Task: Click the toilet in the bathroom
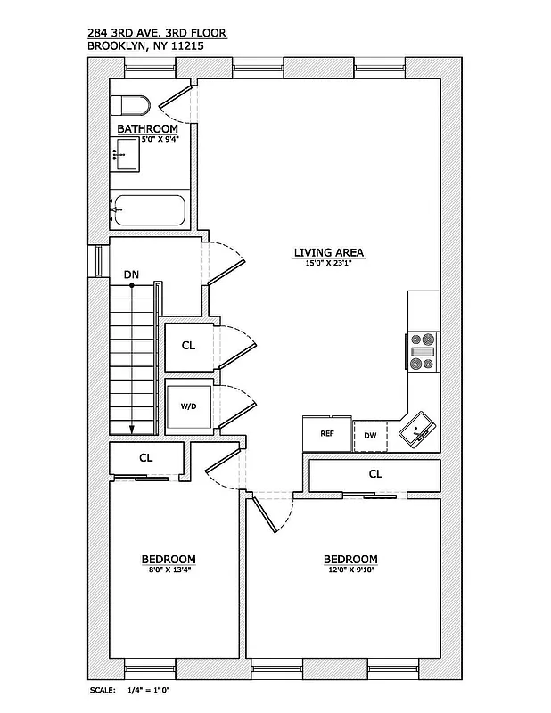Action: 131,106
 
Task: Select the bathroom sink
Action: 125,156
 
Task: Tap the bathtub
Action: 149,210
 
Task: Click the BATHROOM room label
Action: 148,129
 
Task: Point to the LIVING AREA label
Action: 330,252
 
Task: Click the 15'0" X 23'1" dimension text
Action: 330,263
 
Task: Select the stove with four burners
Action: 422,350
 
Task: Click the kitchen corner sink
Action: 416,432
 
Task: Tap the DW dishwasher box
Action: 370,435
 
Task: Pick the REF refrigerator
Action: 326,434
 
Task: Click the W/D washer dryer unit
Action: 189,406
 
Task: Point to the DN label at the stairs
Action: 131,275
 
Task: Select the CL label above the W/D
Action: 188,345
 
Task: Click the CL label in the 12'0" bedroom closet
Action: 375,474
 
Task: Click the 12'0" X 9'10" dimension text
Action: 350,570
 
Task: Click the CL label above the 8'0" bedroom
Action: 145,457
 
